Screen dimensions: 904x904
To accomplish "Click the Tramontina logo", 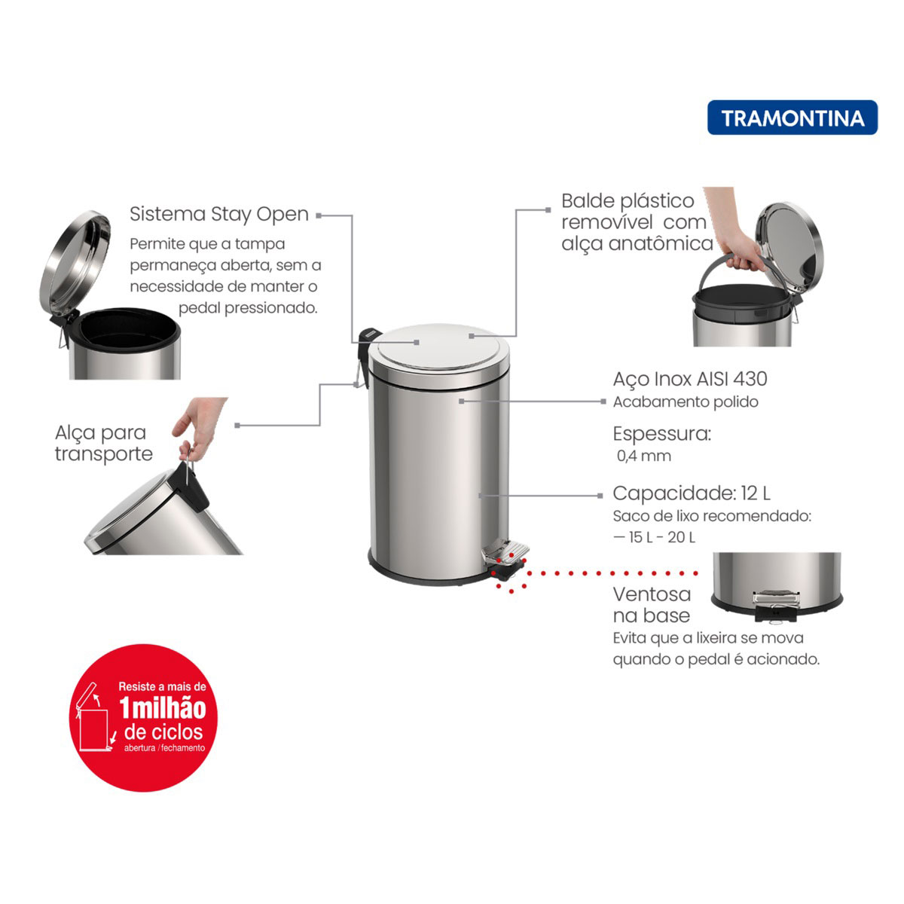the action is [792, 118].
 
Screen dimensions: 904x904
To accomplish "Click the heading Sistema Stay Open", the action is [219, 215].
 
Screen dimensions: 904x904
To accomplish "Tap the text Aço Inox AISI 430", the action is [689, 379].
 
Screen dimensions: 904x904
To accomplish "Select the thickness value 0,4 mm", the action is [644, 456].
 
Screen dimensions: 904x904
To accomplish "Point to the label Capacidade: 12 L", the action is [692, 493].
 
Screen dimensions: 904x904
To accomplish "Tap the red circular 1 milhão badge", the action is [143, 718].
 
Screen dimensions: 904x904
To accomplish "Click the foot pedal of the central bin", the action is [506, 553].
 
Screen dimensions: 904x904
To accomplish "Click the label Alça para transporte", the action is [103, 443].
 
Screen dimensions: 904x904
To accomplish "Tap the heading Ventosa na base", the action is [652, 605].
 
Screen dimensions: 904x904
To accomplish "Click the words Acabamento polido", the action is [686, 402].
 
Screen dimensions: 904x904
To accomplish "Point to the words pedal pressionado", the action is [248, 308].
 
